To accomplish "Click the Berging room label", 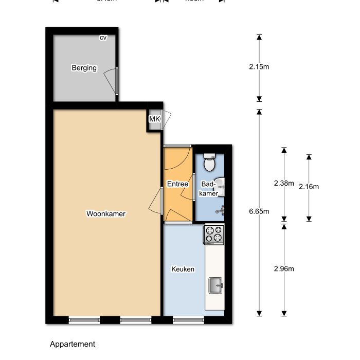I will pos(84,67).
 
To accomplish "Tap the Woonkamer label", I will pos(106,213).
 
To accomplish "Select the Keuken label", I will pos(183,269).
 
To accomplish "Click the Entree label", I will pos(177,184).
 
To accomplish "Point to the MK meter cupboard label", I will pos(154,120).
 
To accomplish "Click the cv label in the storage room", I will pos(103,38).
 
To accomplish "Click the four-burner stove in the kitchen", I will pos(214,235).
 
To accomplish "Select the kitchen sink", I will pos(215,285).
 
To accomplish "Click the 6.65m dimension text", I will pos(259,211).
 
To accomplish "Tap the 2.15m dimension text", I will pos(259,67).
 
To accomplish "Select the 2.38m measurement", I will pos(283,183).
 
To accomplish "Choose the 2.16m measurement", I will pos(309,187).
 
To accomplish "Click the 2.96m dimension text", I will pos(283,268).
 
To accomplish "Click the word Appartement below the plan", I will pos(73,344).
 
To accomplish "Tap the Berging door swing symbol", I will pos(111,81).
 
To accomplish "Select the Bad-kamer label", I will pos(209,188).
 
